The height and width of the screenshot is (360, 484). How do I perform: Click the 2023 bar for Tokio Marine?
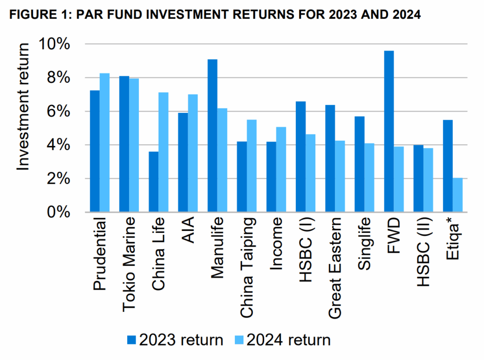click(124, 144)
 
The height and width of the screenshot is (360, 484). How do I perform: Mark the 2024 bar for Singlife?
click(369, 178)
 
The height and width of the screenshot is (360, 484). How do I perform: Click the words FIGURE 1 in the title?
click(35, 15)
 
